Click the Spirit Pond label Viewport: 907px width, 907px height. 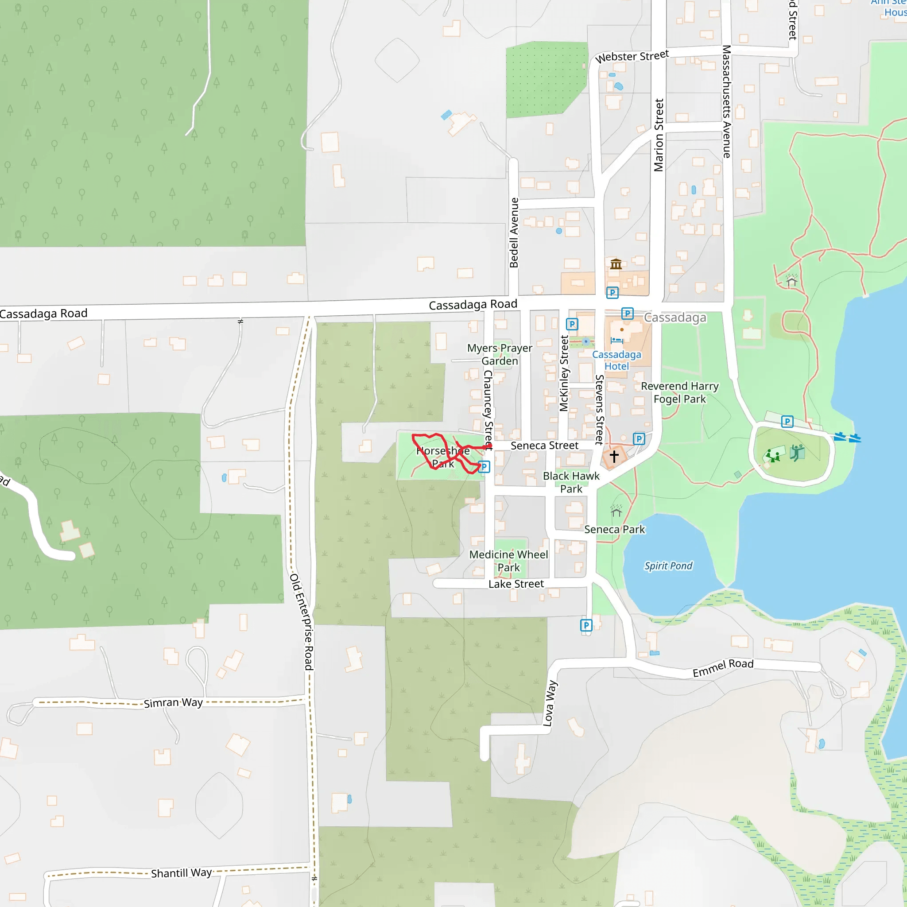pos(668,566)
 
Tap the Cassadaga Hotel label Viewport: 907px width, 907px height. pos(616,360)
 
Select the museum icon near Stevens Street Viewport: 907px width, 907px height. pos(616,264)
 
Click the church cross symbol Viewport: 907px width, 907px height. pos(614,456)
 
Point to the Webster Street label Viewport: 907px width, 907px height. pos(632,57)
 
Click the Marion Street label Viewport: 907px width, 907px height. pos(659,135)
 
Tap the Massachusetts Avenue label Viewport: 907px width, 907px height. pos(726,101)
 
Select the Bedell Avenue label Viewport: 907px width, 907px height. pos(514,233)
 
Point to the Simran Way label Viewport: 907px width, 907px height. pos(173,703)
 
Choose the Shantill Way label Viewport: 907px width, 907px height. pos(181,873)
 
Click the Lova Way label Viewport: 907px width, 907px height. pos(550,703)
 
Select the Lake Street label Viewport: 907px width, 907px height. pos(516,584)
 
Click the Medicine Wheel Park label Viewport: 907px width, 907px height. pos(508,561)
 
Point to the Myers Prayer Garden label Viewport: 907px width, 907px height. pos(500,354)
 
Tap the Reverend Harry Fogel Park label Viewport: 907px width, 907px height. pos(679,392)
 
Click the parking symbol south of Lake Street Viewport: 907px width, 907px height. pos(586,625)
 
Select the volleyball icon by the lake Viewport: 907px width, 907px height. pos(797,453)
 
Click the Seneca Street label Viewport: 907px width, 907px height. pos(545,446)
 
